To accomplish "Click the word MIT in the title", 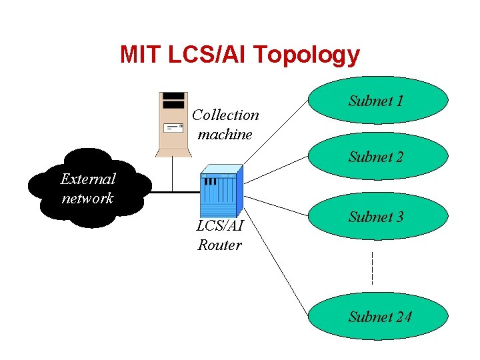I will (139, 54).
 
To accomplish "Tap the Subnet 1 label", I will (376, 101).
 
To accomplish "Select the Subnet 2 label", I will (376, 157).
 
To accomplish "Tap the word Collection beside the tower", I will (225, 115).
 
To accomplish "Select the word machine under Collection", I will (225, 134).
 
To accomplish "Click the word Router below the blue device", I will (219, 245).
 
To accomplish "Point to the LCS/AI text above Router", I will (219, 226).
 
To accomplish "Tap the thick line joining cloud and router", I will (173, 192).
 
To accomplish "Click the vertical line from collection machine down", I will (173, 175).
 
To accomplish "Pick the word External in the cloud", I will (87, 179).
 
